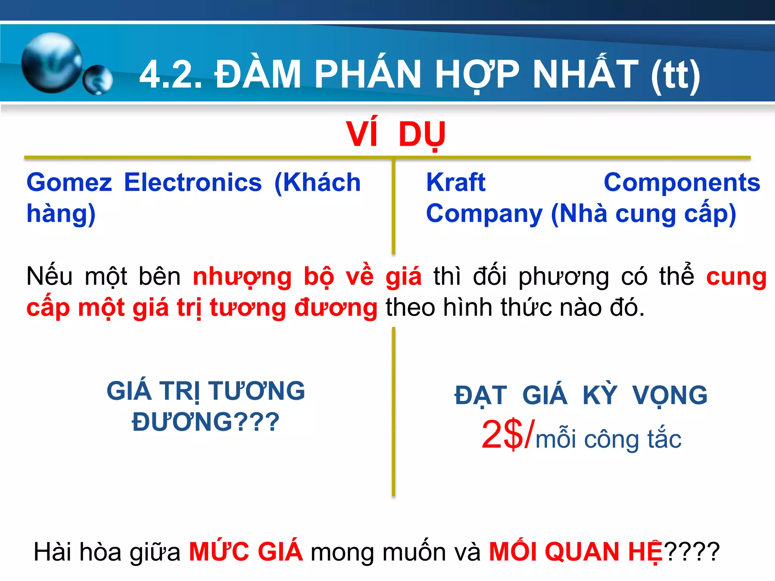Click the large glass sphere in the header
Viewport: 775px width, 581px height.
(52, 63)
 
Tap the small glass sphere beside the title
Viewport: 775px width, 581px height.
(98, 80)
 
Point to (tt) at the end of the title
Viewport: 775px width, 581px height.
(676, 75)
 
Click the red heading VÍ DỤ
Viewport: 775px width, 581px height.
(396, 135)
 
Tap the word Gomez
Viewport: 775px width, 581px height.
(69, 183)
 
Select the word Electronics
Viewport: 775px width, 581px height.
(193, 183)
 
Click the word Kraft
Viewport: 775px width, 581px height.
(456, 183)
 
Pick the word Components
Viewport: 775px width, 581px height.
(682, 183)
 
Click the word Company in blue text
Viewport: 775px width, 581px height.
(484, 214)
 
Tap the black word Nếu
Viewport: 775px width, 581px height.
(49, 276)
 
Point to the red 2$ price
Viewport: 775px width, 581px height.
(503, 435)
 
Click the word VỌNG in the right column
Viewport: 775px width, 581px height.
(669, 396)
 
